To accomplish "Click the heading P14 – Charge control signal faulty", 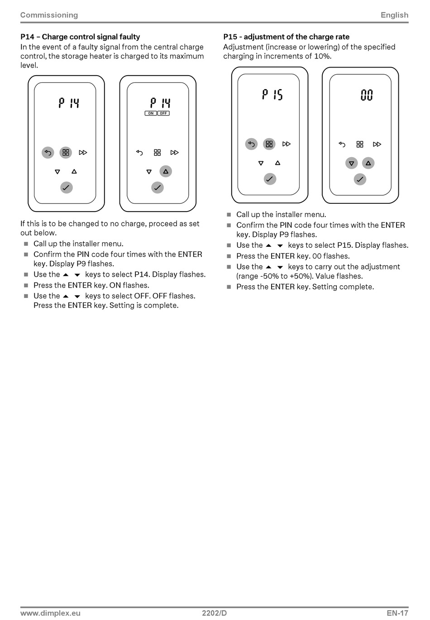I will pos(80,37).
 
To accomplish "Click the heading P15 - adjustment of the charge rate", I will pos(286,37).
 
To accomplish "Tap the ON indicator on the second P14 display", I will pos(151,113).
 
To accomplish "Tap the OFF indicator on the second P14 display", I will pos(163,113).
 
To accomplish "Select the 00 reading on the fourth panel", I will pos(367,95).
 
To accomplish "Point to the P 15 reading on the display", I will pos(272,95).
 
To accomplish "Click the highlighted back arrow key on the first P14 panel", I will pos(48,153).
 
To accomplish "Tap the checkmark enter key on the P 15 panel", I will pos(270,179).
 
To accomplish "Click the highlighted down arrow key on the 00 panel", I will pos(351,163).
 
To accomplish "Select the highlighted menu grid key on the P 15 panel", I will pos(269,144).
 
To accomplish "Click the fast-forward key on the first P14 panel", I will pos(83,153).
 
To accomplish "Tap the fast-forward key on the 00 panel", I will pos(377,144).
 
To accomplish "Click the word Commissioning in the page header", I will pos(49,15).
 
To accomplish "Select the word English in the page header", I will pos(394,15).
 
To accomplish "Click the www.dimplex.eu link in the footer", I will pos(50,613).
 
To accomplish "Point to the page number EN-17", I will pos(397,613).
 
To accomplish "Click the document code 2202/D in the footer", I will pos(215,613).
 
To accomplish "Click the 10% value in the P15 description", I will pos(322,56).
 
